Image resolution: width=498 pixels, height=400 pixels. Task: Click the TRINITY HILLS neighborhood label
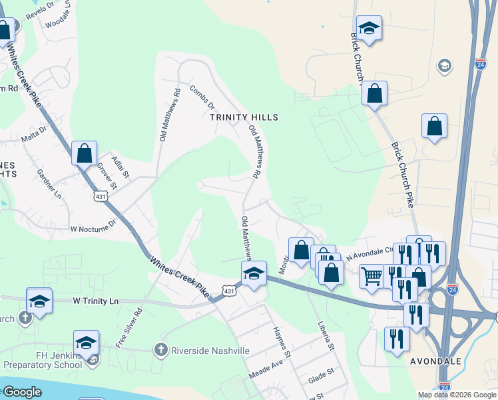[x=243, y=117]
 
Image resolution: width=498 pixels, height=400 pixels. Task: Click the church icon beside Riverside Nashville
[x=160, y=350]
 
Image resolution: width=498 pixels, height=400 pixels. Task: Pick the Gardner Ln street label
[x=49, y=183]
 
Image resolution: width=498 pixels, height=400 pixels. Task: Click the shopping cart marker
[x=372, y=275]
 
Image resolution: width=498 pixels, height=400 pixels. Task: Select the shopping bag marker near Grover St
[x=85, y=153]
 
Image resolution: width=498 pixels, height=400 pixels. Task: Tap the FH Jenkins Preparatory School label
[x=43, y=359]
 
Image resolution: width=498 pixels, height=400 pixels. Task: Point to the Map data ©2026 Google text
[x=456, y=395]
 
